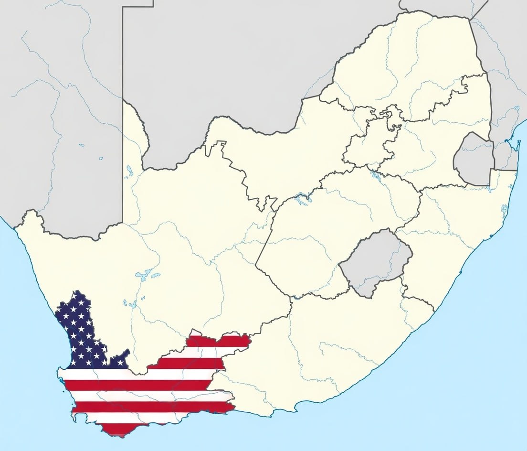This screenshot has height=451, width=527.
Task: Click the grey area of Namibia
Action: point(57,119)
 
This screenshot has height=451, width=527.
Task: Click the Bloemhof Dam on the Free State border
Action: point(302,196)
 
